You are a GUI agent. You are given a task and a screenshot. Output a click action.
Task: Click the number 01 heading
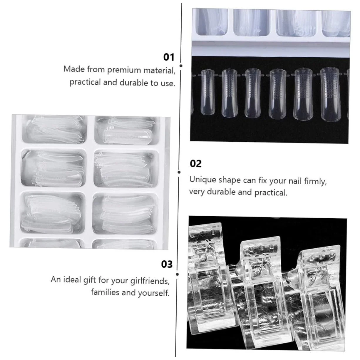(169, 57)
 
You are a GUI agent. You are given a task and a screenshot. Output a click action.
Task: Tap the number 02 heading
(196, 164)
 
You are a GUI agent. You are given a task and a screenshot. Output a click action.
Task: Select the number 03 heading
(167, 264)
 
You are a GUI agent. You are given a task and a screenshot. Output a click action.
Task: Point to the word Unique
(203, 180)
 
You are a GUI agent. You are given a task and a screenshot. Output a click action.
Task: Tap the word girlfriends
(150, 281)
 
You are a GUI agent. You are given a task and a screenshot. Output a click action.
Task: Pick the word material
(159, 71)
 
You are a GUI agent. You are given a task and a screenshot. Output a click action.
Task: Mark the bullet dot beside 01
(181, 66)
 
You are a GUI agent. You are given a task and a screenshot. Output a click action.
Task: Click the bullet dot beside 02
(179, 172)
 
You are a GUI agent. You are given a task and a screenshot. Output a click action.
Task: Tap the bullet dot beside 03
(177, 274)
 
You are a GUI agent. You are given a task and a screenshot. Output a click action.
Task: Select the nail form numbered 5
(277, 94)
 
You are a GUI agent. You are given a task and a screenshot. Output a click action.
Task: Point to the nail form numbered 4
(303, 94)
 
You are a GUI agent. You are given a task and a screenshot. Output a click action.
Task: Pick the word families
(105, 292)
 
